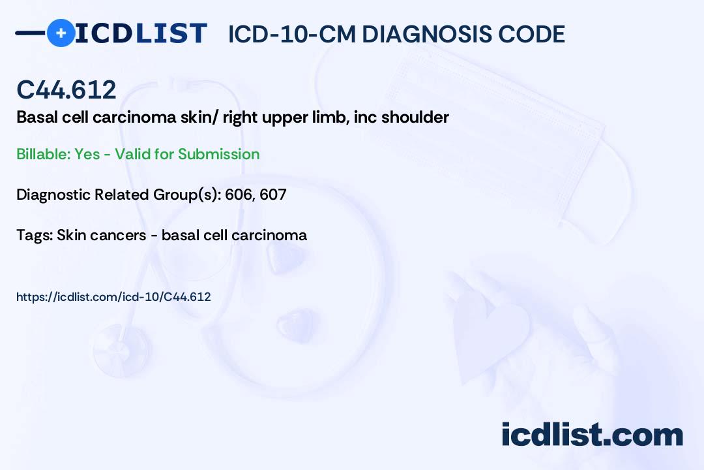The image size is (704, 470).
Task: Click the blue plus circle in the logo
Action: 61,33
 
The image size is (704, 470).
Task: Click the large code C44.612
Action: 66,89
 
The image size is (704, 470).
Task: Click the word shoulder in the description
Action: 415,117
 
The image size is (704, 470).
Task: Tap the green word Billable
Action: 44,154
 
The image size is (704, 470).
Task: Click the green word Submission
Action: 218,154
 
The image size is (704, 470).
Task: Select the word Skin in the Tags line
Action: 70,235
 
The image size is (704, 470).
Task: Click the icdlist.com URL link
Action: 113,297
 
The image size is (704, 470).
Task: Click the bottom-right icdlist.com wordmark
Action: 592,435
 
